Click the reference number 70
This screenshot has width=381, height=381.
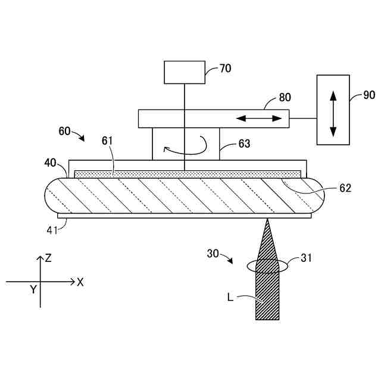225,68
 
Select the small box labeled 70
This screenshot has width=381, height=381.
185,72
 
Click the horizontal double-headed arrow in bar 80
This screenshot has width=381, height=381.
259,118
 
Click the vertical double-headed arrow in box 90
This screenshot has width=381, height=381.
333,110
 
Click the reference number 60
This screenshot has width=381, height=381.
65,130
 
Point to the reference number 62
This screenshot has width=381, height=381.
345,188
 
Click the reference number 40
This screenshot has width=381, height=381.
51,162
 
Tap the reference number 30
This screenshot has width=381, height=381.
213,254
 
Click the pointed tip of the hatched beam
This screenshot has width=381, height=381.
267,220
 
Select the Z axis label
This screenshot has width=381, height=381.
49,258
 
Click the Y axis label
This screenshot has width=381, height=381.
33,289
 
